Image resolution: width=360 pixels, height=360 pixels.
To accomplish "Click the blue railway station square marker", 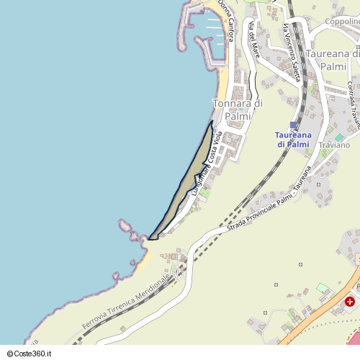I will coord(293,125).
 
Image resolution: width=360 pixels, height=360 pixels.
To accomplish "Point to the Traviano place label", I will coord(333,145).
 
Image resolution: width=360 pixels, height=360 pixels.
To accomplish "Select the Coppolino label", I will coord(342,22).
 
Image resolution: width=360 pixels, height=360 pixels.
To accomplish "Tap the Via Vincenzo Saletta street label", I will coord(291,50).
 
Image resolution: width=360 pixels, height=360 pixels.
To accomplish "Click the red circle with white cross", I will coord(350,302).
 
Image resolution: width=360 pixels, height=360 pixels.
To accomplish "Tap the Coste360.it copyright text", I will coord(32,354).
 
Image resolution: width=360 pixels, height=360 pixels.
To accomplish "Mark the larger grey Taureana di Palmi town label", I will coord(332,60).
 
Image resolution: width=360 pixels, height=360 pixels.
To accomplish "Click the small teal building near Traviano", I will coord(338,137).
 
